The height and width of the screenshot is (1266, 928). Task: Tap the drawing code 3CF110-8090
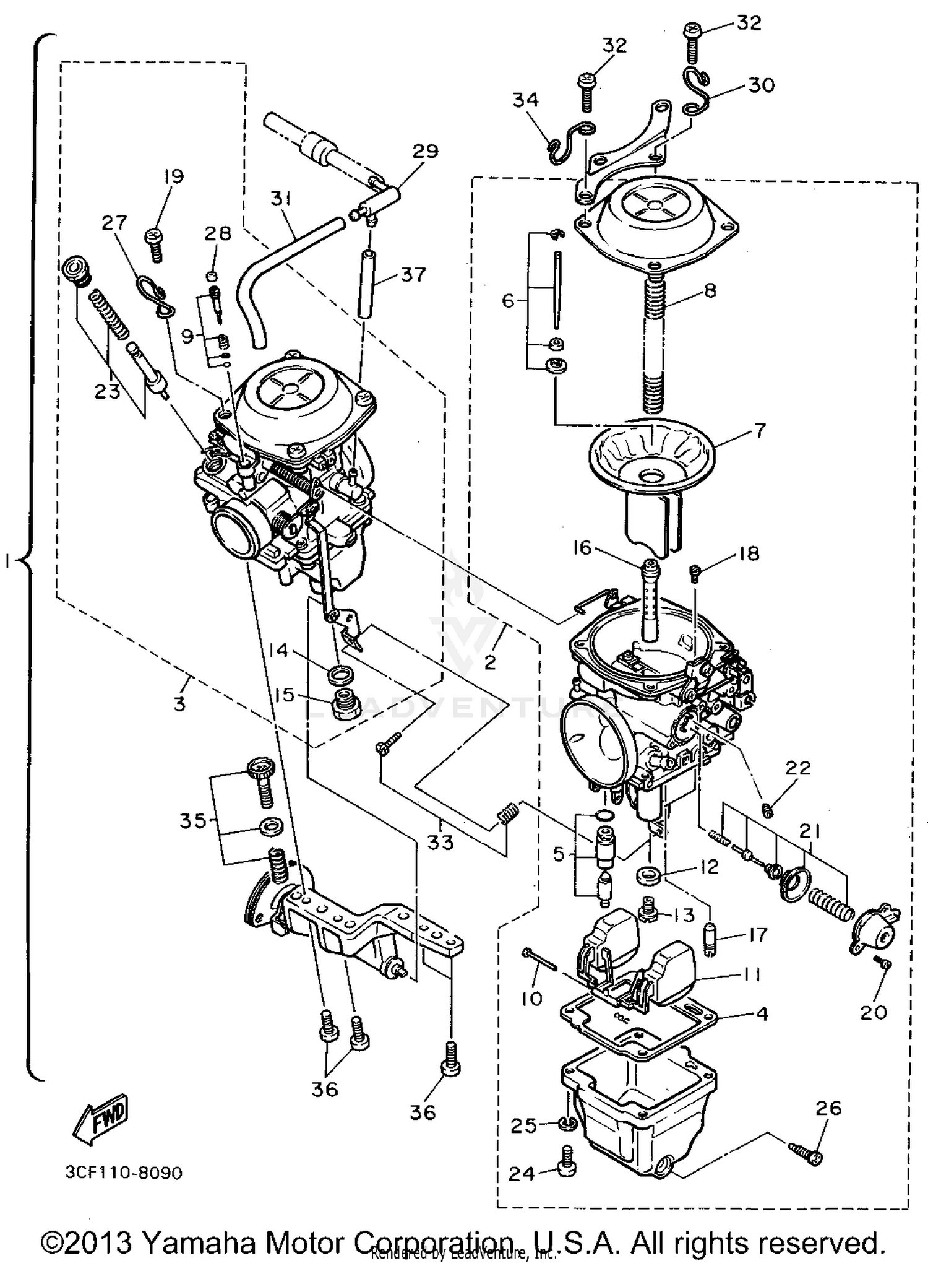(123, 1173)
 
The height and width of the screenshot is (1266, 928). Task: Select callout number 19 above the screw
(174, 176)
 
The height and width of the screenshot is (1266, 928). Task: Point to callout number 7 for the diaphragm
(759, 430)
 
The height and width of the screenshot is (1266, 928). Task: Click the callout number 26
(828, 1108)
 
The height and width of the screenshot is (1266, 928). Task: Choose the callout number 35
(192, 821)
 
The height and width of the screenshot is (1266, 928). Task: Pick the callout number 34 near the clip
(525, 100)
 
